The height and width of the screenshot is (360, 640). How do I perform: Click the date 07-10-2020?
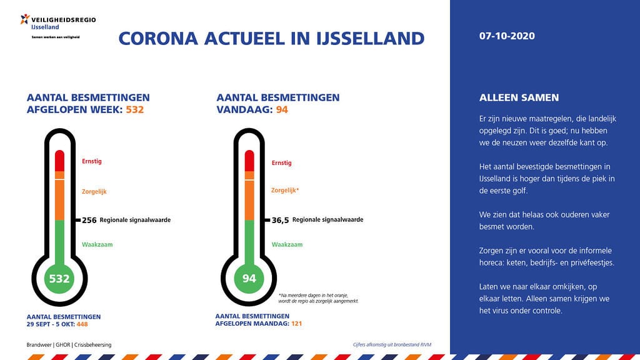pyautogui.click(x=506, y=36)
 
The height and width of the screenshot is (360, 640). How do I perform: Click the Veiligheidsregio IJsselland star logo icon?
pyautogui.click(x=25, y=19)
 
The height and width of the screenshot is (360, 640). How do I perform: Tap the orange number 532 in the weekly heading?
pyautogui.click(x=135, y=109)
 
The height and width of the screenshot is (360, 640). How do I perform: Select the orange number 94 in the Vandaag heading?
pyautogui.click(x=282, y=109)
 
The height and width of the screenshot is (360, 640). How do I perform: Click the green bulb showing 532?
pyautogui.click(x=59, y=279)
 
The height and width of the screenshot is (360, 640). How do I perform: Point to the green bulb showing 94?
pyautogui.click(x=249, y=278)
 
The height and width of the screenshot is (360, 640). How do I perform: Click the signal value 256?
pyautogui.click(x=89, y=221)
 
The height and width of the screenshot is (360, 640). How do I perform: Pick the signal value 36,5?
pyautogui.click(x=281, y=221)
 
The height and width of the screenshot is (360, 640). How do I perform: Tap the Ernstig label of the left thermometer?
pyautogui.click(x=92, y=161)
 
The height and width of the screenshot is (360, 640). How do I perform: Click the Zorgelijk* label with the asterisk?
pyautogui.click(x=285, y=190)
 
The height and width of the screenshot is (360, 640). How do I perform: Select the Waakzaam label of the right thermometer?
pyautogui.click(x=287, y=244)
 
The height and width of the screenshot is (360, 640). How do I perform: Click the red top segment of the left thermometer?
pyautogui.click(x=59, y=161)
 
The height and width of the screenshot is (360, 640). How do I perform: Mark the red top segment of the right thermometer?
pyautogui.click(x=249, y=161)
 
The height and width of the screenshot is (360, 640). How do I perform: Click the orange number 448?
pyautogui.click(x=82, y=324)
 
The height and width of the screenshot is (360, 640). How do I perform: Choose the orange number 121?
pyautogui.click(x=296, y=323)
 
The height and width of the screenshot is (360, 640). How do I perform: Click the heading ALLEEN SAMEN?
pyautogui.click(x=519, y=97)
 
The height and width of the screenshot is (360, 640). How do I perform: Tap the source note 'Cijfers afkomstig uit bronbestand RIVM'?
pyautogui.click(x=392, y=344)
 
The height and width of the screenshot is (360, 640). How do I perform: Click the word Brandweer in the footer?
pyautogui.click(x=39, y=345)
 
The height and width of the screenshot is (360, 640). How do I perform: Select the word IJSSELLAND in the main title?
pyautogui.click(x=370, y=38)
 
